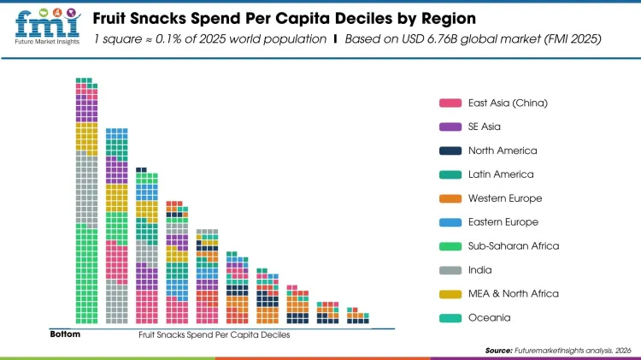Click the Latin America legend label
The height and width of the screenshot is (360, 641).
(x=501, y=174)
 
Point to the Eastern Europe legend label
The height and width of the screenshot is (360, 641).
(x=503, y=222)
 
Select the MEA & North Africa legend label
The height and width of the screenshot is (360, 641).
(x=513, y=294)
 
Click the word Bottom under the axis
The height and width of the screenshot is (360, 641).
(x=65, y=334)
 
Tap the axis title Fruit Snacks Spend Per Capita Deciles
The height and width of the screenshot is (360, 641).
(x=215, y=335)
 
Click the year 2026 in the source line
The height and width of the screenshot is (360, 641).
(x=622, y=351)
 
